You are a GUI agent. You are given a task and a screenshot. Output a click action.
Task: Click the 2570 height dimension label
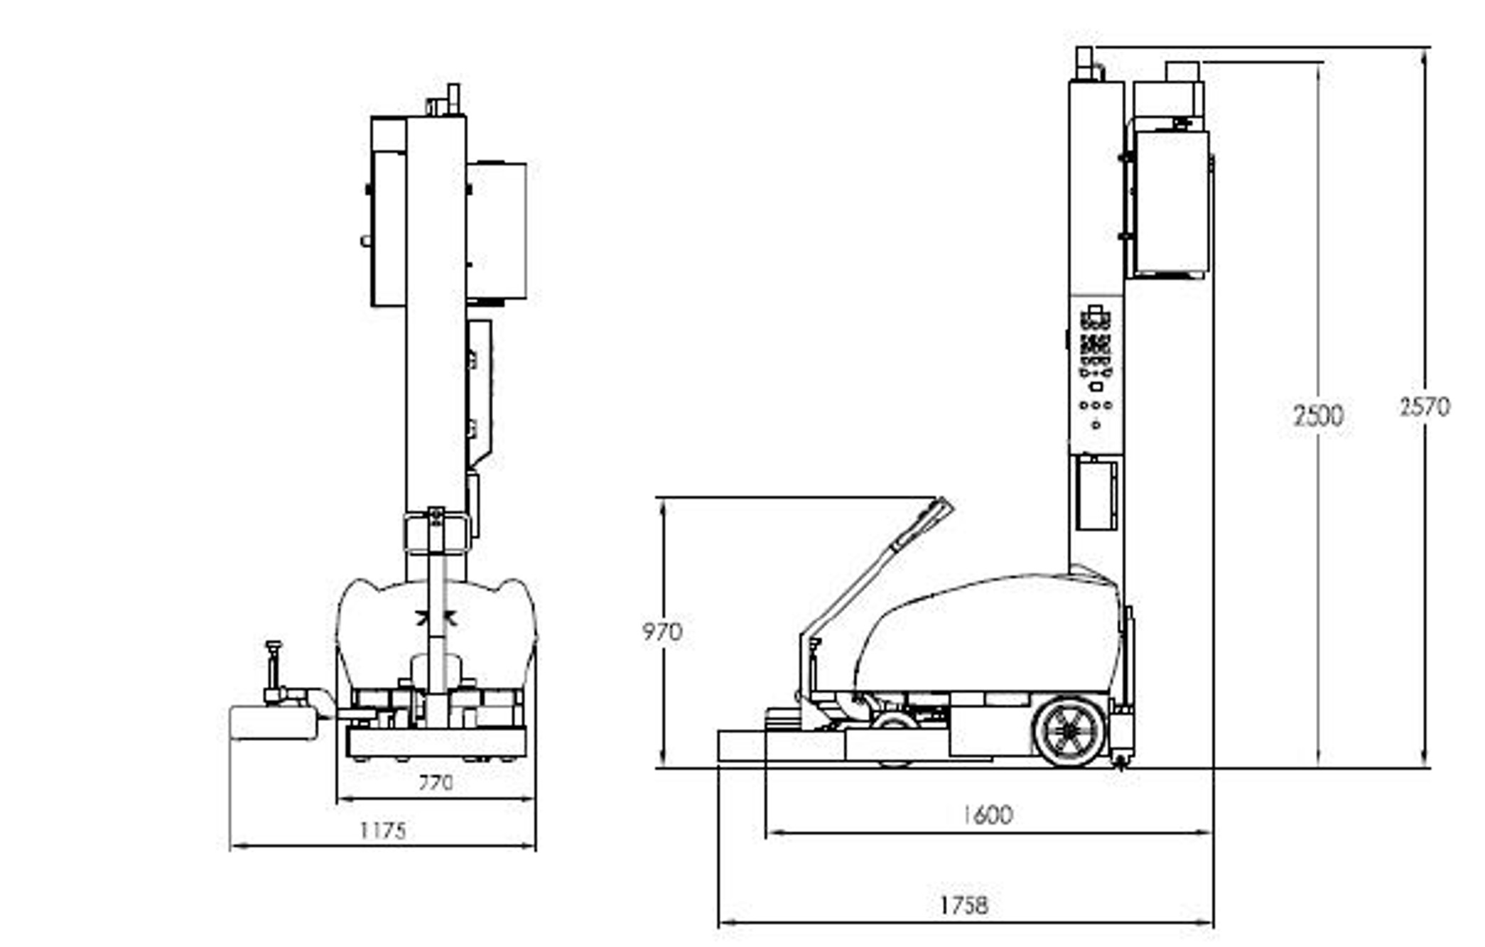point(1424,407)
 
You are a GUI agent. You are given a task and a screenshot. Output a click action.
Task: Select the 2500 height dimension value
point(1318,416)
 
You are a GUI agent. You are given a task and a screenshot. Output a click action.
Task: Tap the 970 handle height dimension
point(661,632)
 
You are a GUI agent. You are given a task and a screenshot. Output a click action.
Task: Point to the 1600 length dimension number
point(987,815)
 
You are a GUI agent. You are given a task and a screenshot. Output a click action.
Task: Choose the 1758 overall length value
point(964,906)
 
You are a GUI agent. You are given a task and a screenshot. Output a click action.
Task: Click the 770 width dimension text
point(435,783)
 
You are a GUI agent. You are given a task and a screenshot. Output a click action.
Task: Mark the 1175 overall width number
point(383,830)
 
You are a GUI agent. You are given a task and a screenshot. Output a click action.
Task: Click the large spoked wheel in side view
point(1069,731)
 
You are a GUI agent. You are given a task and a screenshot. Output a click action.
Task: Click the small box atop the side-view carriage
point(1182,72)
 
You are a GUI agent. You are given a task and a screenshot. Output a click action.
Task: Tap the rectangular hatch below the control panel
point(1096,494)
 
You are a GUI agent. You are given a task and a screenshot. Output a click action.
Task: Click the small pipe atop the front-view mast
point(453,99)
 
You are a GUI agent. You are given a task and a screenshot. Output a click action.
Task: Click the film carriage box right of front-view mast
point(497,231)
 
